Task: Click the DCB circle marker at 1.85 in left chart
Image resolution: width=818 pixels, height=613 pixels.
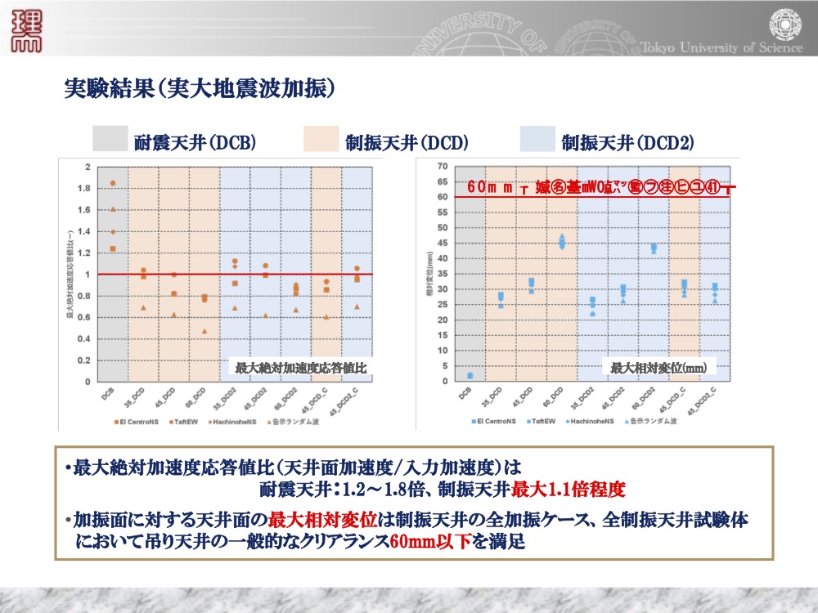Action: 113,183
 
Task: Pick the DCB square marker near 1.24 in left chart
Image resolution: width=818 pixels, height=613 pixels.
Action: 113,248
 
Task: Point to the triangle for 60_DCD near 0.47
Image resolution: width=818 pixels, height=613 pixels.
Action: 204,331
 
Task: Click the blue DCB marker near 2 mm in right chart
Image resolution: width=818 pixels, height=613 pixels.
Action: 470,375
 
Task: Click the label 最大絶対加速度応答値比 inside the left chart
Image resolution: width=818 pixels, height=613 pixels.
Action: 299,369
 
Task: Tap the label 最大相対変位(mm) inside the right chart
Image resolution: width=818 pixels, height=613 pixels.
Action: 658,369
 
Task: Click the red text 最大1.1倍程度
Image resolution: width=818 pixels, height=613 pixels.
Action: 569,490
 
